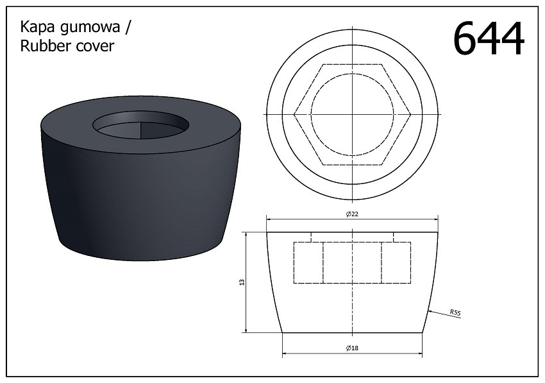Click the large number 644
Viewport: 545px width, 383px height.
[x=489, y=39]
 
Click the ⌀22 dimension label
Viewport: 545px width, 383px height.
[x=351, y=214]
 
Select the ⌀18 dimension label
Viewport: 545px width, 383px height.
[x=351, y=348]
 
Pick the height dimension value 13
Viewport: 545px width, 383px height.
[x=242, y=282]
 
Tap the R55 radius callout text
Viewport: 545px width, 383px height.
[x=455, y=312]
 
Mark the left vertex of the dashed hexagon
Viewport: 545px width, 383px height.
[x=294, y=114]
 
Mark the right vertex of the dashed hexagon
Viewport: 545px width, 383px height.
[x=410, y=114]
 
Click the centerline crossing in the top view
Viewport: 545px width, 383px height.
[x=352, y=114]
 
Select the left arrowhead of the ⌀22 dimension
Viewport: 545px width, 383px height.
[x=269, y=219]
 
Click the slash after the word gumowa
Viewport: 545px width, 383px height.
[x=130, y=28]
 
